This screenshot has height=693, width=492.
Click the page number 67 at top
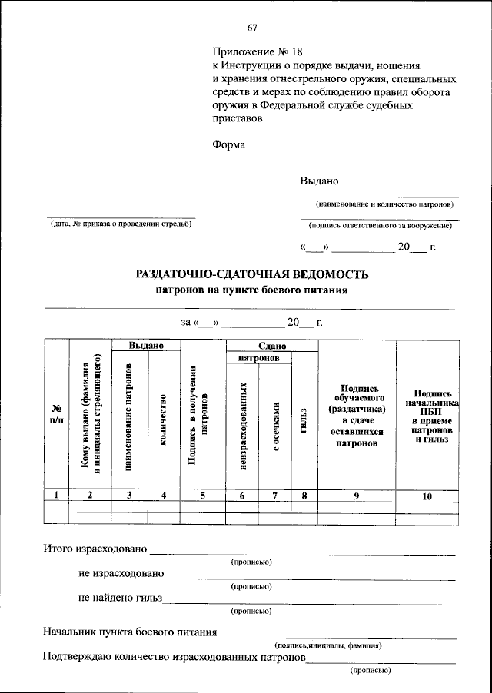(x=251, y=28)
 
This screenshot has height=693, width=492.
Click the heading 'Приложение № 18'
(x=251, y=51)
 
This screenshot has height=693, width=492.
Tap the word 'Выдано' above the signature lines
(x=319, y=181)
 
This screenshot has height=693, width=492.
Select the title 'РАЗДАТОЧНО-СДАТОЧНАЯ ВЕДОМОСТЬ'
(x=252, y=274)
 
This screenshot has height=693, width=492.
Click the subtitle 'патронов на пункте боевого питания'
(x=252, y=290)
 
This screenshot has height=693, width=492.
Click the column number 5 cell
(x=201, y=496)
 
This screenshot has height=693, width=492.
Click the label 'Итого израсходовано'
(x=94, y=550)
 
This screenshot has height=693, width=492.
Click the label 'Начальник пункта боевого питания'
(x=130, y=633)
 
